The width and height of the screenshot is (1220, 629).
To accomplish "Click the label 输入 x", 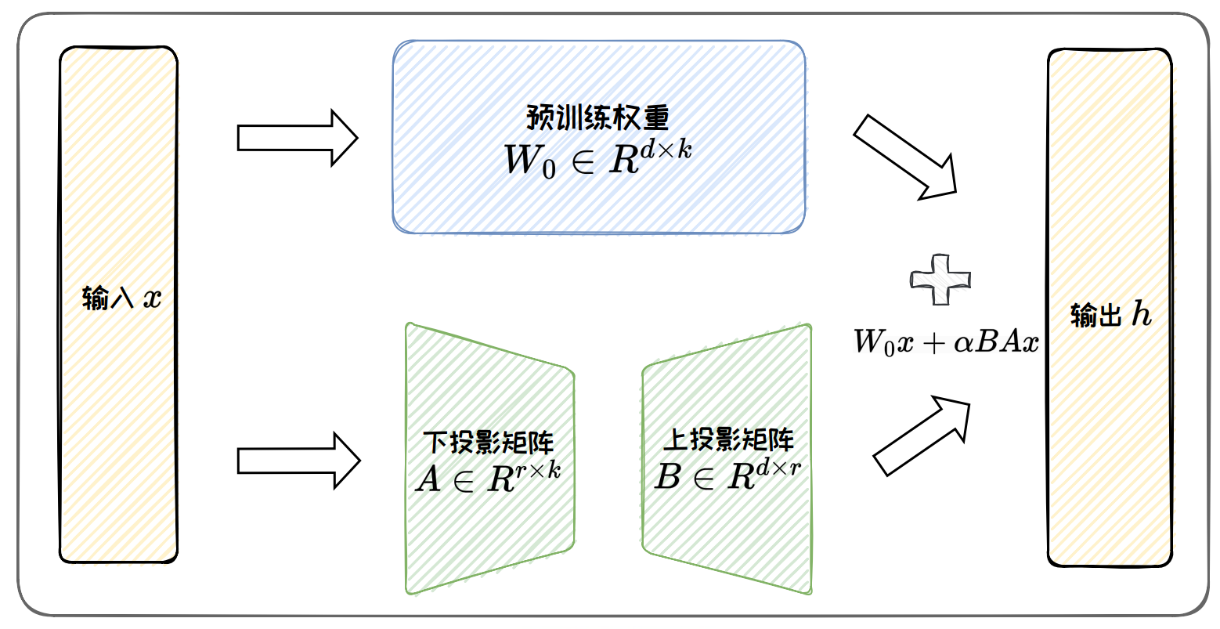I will tap(121, 298).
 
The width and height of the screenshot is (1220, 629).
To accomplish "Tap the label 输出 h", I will tap(1110, 315).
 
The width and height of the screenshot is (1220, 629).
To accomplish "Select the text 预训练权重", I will tap(598, 117).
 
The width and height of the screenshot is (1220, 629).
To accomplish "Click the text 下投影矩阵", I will tap(489, 443).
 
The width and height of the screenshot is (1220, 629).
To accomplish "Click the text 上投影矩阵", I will tap(728, 439).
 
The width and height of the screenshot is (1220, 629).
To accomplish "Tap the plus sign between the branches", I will tap(940, 280).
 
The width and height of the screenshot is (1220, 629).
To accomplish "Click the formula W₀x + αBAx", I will tap(946, 342).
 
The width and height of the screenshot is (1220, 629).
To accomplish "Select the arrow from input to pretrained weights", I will tap(298, 138).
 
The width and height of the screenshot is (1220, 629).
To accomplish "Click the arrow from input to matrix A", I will tap(298, 461).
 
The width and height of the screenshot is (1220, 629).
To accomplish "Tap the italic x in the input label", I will tap(152, 299).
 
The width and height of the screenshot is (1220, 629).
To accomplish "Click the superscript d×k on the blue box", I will tap(666, 149).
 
